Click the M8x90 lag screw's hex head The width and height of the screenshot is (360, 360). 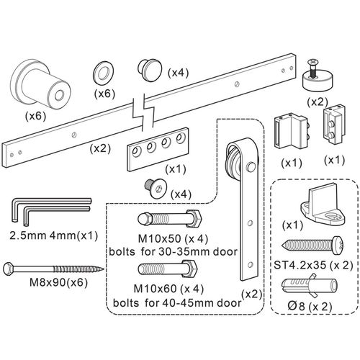pyautogui.click(x=9, y=269)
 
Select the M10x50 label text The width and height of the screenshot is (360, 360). pyautogui.click(x=160, y=238)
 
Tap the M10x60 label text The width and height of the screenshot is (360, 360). pyautogui.click(x=155, y=289)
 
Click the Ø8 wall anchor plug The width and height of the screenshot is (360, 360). pyautogui.click(x=310, y=286)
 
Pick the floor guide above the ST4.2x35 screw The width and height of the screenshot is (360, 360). pyautogui.click(x=323, y=204)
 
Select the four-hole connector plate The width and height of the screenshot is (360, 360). pyautogui.click(x=158, y=149)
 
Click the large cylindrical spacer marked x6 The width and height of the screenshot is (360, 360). pyautogui.click(x=41, y=84)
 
